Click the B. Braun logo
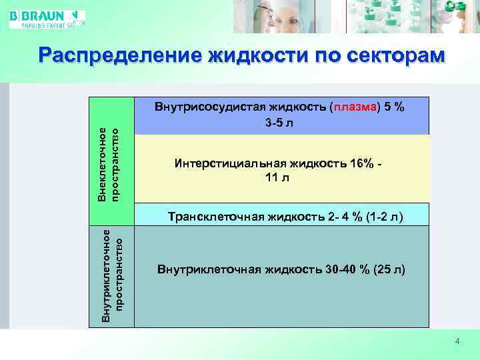point(47,18)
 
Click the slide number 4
point(457,341)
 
